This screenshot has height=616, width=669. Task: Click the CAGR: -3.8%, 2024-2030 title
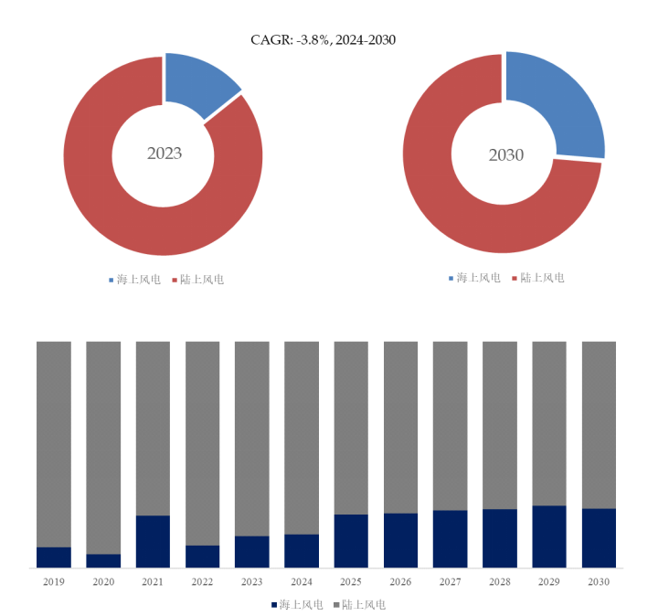[323, 39]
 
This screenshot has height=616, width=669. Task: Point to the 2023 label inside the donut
[165, 153]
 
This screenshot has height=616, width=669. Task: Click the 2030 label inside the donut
[505, 154]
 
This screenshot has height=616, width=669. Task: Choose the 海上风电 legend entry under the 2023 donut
[133, 279]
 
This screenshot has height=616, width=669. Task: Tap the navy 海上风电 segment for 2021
[153, 541]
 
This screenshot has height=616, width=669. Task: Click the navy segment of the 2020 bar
[103, 560]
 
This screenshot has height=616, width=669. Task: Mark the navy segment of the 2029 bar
[549, 536]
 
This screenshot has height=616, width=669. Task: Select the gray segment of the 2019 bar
[54, 443]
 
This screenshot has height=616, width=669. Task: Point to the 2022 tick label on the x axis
[202, 581]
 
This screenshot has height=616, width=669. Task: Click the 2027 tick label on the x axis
[450, 581]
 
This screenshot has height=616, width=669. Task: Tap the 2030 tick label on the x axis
[599, 581]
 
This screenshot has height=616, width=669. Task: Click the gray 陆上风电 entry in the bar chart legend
[359, 604]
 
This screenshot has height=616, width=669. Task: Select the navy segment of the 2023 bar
[251, 551]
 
